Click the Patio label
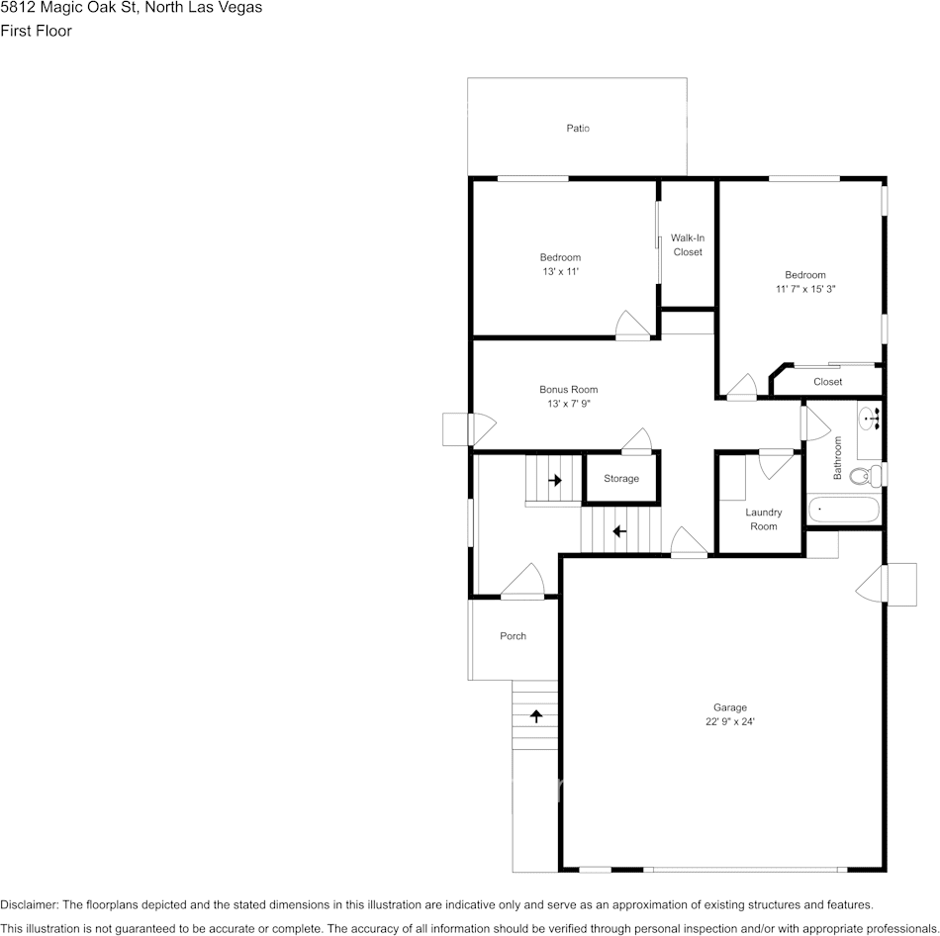point(578,129)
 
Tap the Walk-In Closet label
point(688,244)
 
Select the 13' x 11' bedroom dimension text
point(560,271)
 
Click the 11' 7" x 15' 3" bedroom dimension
point(805,289)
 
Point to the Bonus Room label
point(568,390)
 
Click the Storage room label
point(621,479)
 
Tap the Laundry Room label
point(763,519)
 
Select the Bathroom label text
point(837,458)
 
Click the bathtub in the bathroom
point(843,511)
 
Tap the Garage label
point(730,707)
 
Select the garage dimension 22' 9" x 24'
point(730,721)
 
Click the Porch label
point(513,636)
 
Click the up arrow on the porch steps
point(536,714)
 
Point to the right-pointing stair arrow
point(555,481)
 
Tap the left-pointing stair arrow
point(619,531)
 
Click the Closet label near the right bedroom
point(827,382)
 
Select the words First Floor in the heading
point(36,31)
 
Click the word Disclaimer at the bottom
point(29,904)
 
